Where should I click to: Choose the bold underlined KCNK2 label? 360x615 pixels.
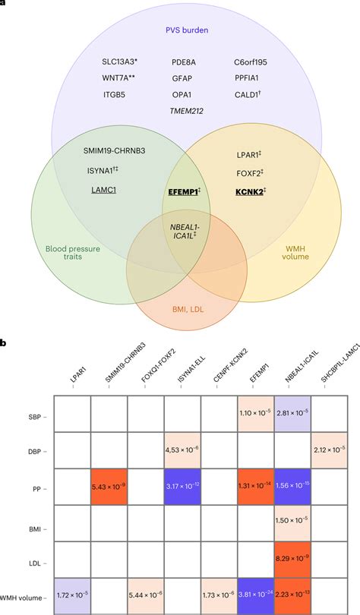[x=249, y=192]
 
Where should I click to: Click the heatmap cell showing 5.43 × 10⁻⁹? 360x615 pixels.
[x=109, y=486]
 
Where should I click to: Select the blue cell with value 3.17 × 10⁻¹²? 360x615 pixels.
[x=182, y=486]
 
